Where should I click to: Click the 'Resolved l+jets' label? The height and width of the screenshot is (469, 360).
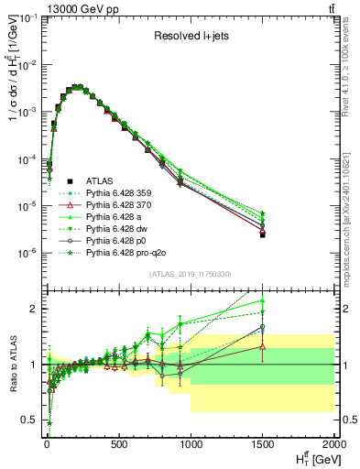pos(188,36)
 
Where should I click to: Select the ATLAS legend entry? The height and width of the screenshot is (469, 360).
pos(99,180)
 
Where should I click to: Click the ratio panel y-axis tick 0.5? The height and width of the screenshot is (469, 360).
pos(29,420)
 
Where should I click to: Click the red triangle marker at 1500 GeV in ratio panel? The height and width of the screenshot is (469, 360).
pos(263,346)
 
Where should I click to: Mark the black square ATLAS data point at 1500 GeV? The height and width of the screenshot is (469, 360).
pos(263,235)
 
